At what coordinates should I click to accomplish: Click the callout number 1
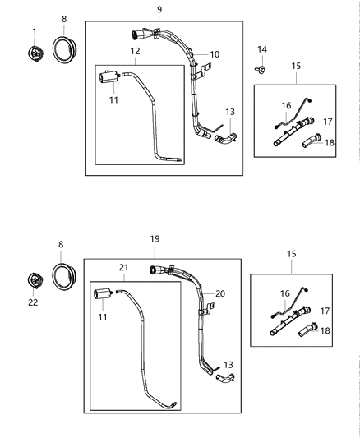pyautogui.click(x=35, y=31)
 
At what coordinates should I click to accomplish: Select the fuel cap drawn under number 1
pyautogui.click(x=35, y=53)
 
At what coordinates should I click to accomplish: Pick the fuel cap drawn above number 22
pyautogui.click(x=35, y=279)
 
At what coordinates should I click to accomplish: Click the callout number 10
pyautogui.click(x=214, y=54)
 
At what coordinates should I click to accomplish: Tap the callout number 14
pyautogui.click(x=262, y=50)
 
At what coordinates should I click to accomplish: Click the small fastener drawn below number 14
pyautogui.click(x=261, y=70)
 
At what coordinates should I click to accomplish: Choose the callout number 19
pyautogui.click(x=154, y=239)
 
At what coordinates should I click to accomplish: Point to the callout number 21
pyautogui.click(x=124, y=267)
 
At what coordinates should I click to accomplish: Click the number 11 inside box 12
pyautogui.click(x=113, y=99)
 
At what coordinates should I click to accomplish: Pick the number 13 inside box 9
pyautogui.click(x=229, y=112)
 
